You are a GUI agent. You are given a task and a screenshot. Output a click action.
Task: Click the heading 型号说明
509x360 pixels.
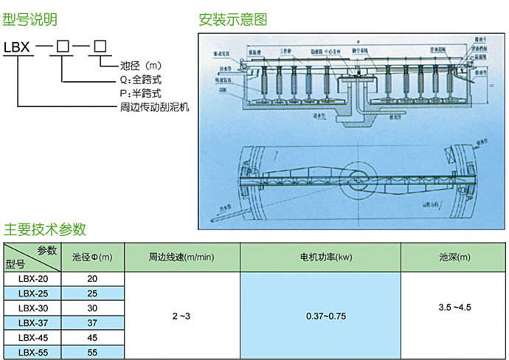(30, 20)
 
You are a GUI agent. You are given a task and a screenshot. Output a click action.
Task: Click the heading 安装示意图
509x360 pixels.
(233, 20)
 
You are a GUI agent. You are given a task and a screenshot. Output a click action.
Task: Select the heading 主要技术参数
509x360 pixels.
(46, 228)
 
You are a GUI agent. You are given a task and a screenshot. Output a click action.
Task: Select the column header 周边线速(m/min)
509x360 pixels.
(181, 257)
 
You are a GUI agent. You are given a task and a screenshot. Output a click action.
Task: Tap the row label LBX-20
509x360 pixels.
(33, 280)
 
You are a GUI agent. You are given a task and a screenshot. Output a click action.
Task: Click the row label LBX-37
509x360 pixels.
(33, 323)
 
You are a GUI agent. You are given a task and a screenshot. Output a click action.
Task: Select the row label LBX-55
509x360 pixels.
(33, 352)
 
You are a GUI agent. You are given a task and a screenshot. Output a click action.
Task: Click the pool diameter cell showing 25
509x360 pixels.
(92, 294)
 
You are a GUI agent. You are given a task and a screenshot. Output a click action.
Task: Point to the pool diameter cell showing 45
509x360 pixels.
(92, 338)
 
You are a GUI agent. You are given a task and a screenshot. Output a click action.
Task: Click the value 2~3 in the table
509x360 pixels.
(181, 316)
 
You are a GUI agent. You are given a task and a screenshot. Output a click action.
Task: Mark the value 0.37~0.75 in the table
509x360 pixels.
(325, 316)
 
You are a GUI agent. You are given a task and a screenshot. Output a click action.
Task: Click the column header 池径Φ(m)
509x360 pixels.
(92, 257)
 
